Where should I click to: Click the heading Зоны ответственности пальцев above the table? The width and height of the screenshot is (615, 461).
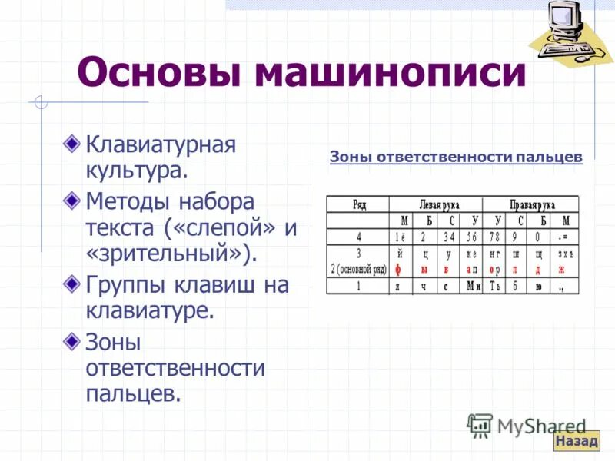click(x=456, y=158)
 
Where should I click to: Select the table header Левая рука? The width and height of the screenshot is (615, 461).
click(x=438, y=204)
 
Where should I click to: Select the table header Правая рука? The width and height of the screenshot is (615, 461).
click(x=532, y=204)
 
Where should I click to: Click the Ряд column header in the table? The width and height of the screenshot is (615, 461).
click(x=358, y=204)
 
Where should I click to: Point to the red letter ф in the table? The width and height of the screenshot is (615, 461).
click(x=398, y=270)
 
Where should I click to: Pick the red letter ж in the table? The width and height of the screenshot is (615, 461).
click(x=561, y=270)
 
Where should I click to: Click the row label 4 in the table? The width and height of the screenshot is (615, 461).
click(x=358, y=237)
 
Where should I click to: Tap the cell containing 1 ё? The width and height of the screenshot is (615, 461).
click(x=400, y=237)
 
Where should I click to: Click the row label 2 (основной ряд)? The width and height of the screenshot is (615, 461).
click(x=358, y=270)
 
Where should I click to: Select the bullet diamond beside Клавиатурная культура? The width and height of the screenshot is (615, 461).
click(x=71, y=143)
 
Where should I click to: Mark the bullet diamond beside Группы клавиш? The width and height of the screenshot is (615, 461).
click(x=71, y=284)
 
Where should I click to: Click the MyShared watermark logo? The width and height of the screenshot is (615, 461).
click(x=527, y=426)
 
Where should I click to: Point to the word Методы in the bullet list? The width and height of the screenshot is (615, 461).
click(x=128, y=203)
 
